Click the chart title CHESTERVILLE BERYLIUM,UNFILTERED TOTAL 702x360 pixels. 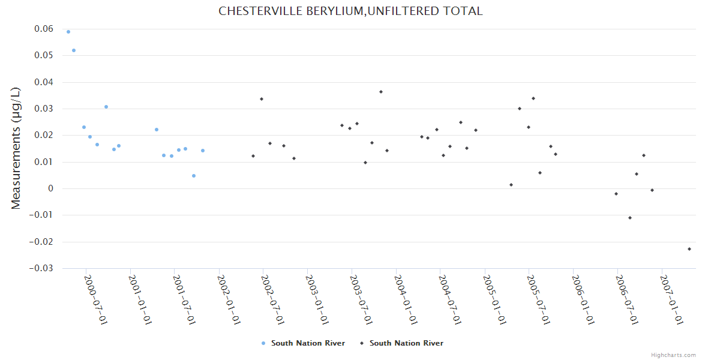tap(350, 11)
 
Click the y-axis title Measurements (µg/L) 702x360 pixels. tap(16, 148)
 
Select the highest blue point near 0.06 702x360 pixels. tap(68, 32)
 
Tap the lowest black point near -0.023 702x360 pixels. tap(689, 249)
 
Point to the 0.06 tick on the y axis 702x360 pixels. tap(43, 29)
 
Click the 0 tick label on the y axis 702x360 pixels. tap(50, 188)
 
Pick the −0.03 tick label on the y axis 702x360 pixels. tap(41, 268)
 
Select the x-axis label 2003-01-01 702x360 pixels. tap(316, 300)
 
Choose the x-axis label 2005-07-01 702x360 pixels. tap(538, 300)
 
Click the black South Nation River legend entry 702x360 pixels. tap(401, 343)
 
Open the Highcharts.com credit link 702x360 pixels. tap(673, 355)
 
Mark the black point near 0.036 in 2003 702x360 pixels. tap(381, 92)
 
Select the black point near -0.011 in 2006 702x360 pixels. tap(630, 218)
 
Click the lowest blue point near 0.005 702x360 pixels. tap(194, 176)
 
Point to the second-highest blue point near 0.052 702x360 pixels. tap(74, 50)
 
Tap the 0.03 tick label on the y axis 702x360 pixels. tap(43, 109)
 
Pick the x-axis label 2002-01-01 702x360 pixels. tap(228, 300)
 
